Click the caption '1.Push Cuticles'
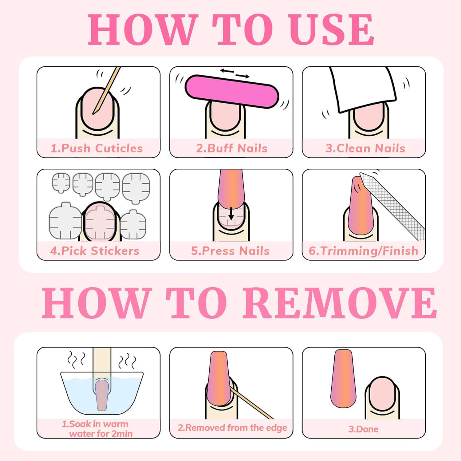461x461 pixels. coord(97,148)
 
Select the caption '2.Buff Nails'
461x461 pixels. coord(232,148)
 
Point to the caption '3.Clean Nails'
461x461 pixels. coord(365,148)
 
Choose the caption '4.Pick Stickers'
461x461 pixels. coord(95,251)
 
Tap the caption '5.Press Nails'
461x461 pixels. coord(230,251)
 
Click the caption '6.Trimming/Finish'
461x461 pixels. coord(364,251)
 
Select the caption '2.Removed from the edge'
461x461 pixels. coord(232,428)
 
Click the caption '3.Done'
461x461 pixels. coord(364,429)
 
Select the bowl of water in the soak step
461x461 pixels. coord(102,393)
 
